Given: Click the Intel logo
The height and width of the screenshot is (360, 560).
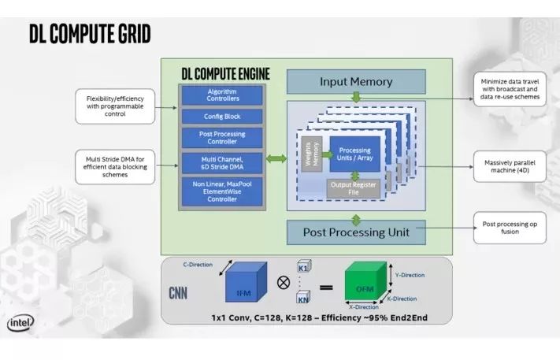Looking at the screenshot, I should tap(21, 324).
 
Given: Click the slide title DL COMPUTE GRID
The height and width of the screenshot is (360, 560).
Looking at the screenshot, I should tap(89, 35).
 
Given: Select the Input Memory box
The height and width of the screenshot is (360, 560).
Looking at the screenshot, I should tap(355, 82).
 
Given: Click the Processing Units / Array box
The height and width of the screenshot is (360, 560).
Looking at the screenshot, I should tap(354, 154).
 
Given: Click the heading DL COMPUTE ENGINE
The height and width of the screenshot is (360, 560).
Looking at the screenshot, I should tap(224, 73).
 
